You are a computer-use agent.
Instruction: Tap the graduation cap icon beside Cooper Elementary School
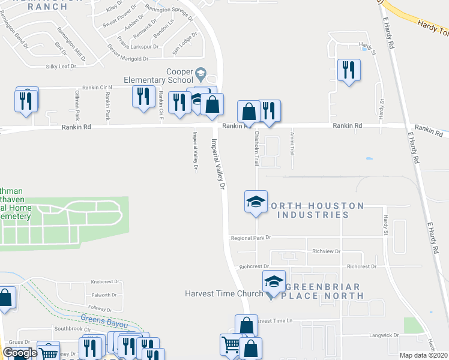pos(201,75)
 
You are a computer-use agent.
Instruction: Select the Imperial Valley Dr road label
pos(217,165)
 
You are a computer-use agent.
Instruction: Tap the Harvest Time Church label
pos(224,293)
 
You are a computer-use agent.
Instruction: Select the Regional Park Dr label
pos(251,238)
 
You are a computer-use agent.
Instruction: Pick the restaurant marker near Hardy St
pos(348,71)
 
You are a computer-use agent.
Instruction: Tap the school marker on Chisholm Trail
pos(256,202)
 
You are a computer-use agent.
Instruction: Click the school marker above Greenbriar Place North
pos(273,281)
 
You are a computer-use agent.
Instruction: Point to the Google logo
pos(19,353)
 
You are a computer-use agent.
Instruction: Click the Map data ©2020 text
pos(424,355)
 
